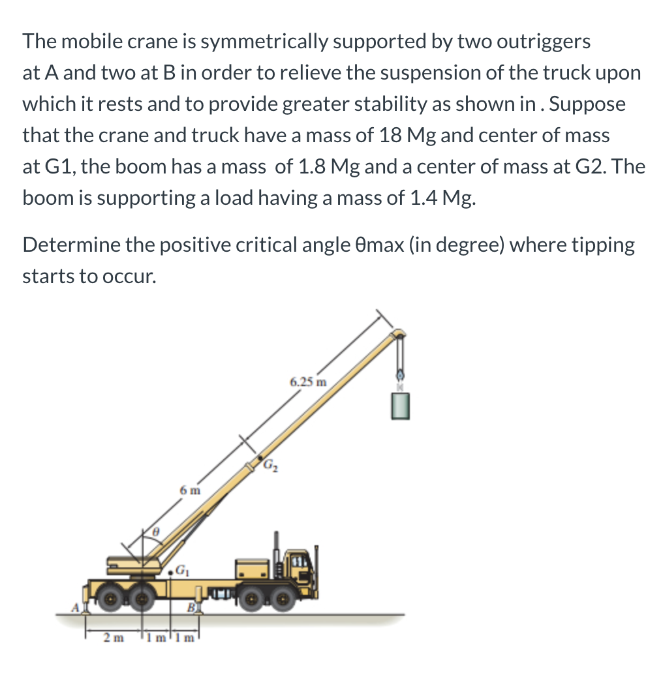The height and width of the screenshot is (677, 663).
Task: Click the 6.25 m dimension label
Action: pos(308,382)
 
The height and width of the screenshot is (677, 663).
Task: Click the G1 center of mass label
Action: pos(183,573)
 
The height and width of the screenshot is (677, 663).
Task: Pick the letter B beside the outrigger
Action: pos(191,608)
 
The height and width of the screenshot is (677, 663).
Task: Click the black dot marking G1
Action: pos(171,572)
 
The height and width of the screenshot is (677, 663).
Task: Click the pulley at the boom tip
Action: pos(397,335)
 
